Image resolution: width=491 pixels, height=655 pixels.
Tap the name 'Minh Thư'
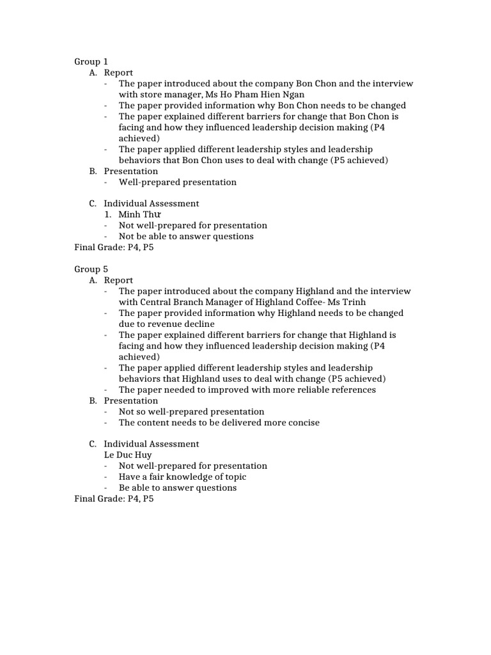click(139, 214)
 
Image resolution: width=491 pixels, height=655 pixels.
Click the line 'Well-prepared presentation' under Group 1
click(177, 182)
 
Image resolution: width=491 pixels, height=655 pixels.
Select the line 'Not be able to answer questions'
click(186, 237)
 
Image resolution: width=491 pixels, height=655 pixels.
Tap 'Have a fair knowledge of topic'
click(182, 477)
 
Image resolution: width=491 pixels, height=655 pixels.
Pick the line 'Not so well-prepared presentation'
click(191, 412)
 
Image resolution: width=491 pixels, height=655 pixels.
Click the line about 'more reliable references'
click(247, 390)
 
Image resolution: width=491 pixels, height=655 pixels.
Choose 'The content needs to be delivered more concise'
click(219, 423)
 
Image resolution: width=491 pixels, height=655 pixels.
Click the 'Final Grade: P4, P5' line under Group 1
click(114, 248)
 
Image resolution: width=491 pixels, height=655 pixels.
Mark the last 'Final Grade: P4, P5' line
click(114, 498)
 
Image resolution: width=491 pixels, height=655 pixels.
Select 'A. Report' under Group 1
click(111, 73)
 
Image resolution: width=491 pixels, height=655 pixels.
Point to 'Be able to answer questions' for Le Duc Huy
click(177, 487)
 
